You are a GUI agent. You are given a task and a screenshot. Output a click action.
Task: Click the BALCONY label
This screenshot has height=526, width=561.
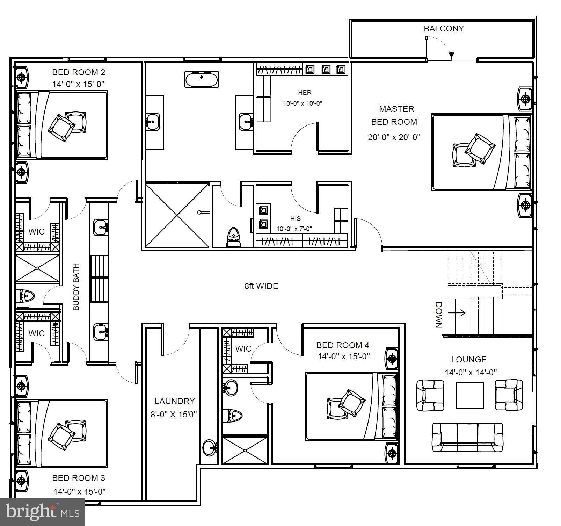444,29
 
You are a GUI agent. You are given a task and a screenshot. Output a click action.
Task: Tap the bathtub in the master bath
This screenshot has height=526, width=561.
202,79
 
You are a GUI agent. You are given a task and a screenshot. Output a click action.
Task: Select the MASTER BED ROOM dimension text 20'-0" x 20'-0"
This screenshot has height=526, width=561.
394,137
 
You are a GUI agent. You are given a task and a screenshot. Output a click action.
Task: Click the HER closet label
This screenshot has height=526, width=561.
305,93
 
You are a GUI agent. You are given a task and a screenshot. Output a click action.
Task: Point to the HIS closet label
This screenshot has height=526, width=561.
295,219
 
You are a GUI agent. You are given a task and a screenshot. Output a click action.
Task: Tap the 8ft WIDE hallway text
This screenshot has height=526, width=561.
261,286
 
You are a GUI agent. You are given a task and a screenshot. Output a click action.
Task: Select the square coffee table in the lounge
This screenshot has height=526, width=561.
470,395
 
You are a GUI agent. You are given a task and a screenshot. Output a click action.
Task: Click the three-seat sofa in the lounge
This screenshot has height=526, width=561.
467,438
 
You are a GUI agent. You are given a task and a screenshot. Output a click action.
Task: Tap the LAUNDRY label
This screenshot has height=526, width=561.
175,401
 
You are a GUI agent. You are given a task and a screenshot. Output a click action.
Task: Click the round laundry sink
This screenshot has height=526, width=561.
210,448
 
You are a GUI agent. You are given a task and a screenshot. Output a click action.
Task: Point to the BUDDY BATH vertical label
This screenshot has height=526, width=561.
76,287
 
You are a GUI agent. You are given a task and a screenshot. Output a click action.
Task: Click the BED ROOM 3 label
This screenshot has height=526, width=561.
79,478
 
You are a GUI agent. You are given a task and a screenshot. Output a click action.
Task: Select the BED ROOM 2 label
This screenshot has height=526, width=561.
79,72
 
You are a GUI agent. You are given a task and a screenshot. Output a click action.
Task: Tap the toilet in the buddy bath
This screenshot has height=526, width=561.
25,296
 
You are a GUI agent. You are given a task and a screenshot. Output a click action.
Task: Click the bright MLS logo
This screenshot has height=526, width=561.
43,512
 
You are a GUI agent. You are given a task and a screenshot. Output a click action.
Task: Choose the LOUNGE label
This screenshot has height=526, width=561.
469,359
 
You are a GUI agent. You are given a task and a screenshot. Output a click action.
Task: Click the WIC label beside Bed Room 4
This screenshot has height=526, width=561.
243,348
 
